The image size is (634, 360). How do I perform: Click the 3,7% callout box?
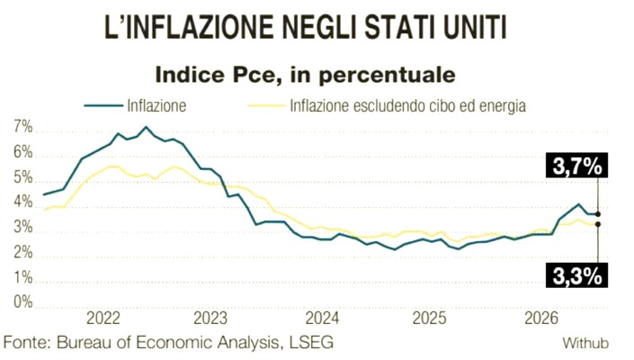[x=576, y=165]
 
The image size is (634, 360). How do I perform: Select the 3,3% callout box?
[x=576, y=275]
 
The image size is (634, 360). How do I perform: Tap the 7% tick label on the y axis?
[x=23, y=128]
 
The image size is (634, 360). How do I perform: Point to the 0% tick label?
[x=23, y=301]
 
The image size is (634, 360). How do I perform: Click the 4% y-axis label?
[x=23, y=202]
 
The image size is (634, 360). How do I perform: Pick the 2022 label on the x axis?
[x=103, y=319]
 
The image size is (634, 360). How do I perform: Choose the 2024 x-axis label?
[x=322, y=319]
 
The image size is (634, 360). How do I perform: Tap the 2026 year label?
[x=541, y=319]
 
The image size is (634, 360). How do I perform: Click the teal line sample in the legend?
[x=103, y=105]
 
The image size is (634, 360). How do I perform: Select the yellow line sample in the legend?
[x=266, y=105]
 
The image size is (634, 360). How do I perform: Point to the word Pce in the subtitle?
[x=253, y=75]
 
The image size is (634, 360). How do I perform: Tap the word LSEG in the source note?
[x=311, y=342]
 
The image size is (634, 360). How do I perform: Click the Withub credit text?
[x=585, y=344]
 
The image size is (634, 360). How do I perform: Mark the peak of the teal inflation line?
[x=146, y=127]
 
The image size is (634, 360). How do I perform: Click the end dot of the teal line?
[x=598, y=214]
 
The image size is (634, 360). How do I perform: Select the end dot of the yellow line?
[x=598, y=224]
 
